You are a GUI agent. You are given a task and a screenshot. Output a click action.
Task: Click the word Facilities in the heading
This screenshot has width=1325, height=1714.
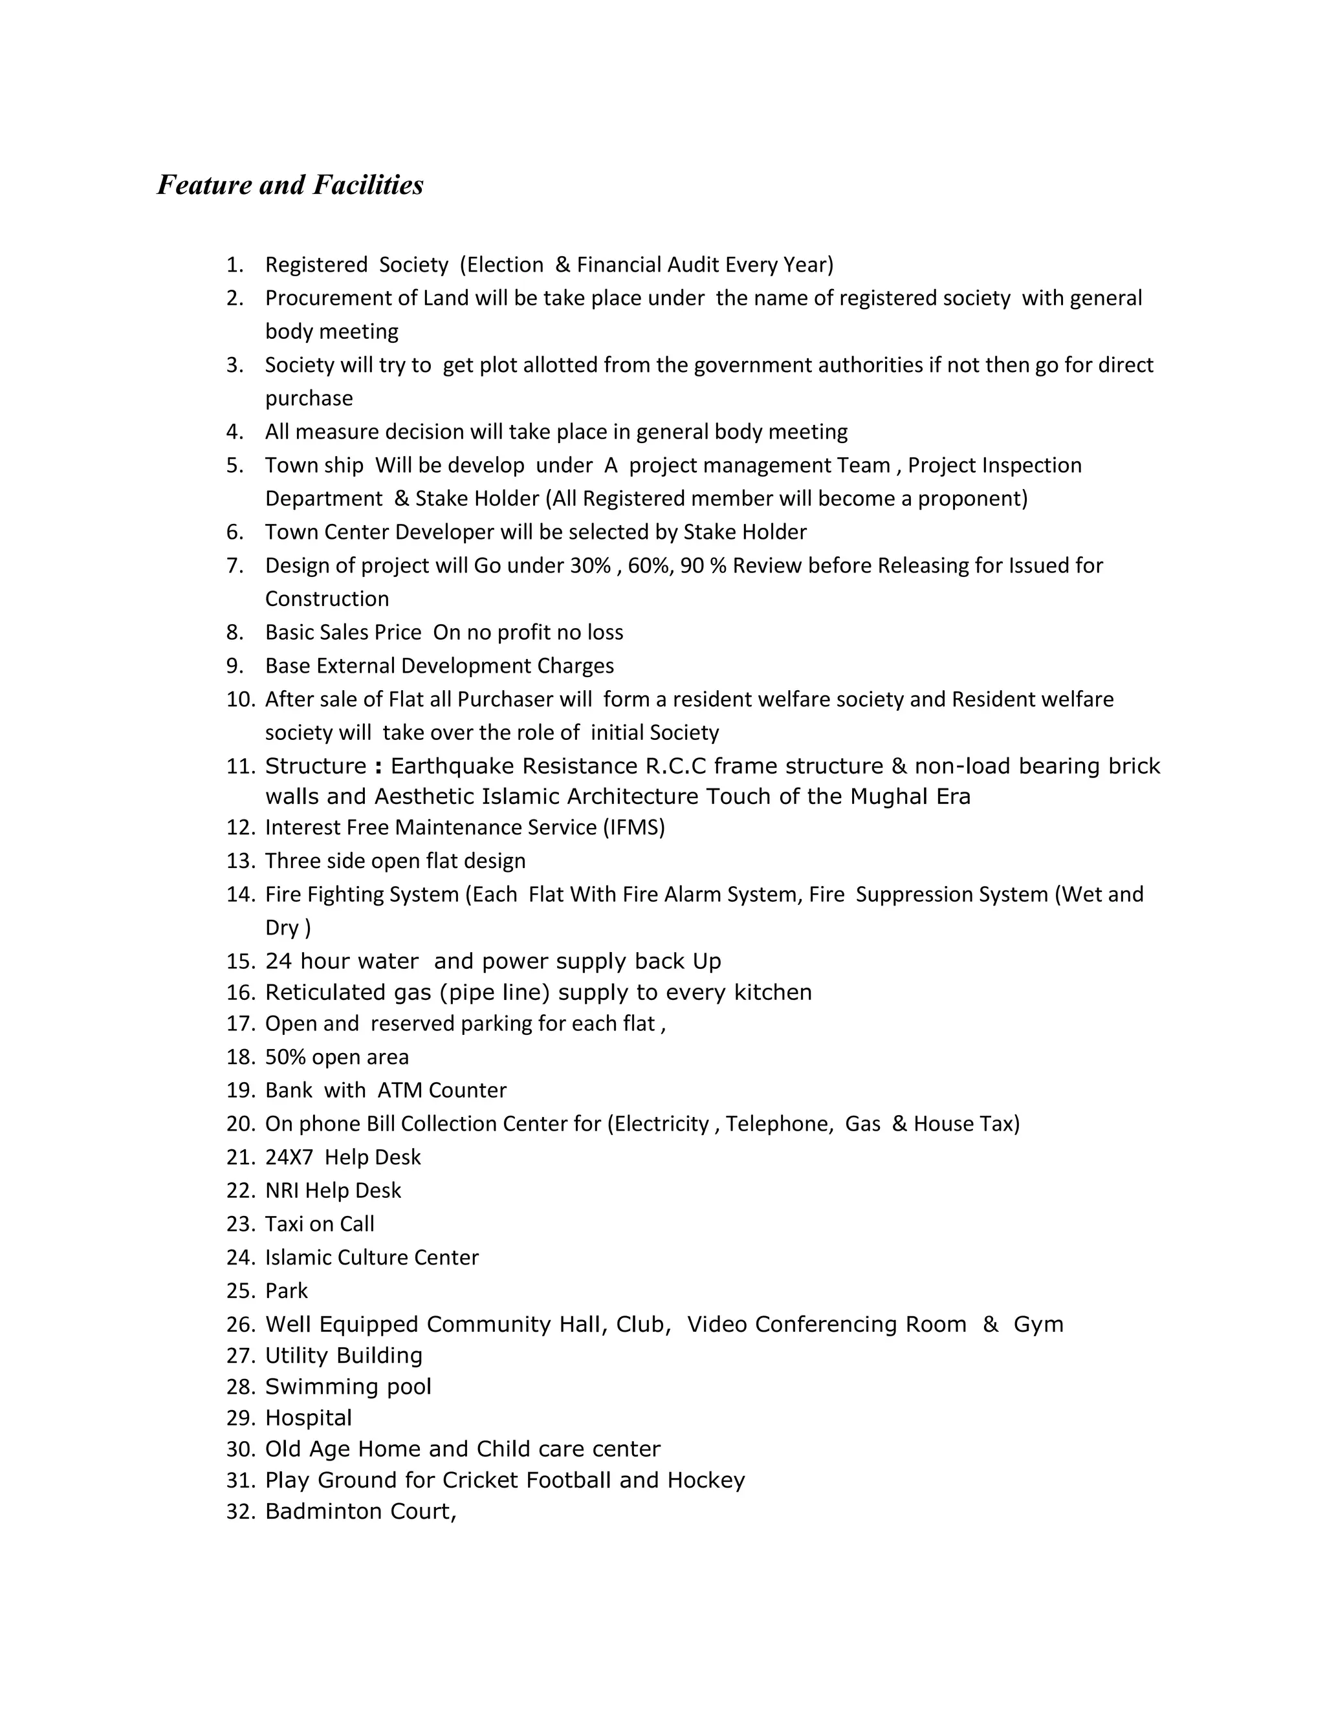(368, 185)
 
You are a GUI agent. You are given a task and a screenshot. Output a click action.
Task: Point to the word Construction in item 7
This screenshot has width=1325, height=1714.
(327, 600)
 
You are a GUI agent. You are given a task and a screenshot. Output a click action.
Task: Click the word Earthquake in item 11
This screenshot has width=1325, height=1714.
(452, 766)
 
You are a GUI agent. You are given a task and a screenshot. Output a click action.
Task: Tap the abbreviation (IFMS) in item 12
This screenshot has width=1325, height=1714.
(634, 828)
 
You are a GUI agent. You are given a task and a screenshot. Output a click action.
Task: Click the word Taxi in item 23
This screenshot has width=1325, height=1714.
(283, 1224)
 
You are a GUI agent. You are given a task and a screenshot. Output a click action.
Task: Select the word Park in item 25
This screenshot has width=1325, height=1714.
(287, 1291)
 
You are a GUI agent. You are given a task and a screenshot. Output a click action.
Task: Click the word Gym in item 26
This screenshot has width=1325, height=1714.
(1038, 1325)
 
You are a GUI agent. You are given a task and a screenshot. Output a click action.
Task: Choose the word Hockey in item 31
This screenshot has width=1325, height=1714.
(706, 1480)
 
